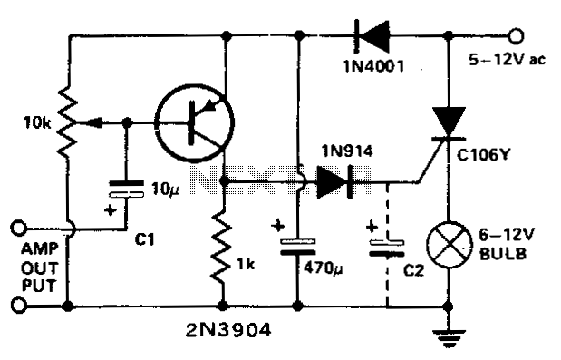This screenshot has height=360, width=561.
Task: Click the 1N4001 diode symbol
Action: click(x=372, y=35)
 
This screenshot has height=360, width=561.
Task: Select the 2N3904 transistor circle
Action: click(x=194, y=122)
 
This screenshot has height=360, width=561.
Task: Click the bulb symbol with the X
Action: click(x=449, y=245)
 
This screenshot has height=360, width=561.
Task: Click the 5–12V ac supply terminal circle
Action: click(x=516, y=35)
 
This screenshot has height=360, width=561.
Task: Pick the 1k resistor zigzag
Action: click(x=223, y=247)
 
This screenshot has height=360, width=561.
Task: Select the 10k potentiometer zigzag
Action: click(x=68, y=122)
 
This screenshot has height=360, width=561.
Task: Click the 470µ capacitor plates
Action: click(x=298, y=247)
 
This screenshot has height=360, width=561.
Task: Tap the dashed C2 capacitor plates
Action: click(x=387, y=248)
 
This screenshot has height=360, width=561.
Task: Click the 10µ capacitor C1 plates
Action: click(x=126, y=189)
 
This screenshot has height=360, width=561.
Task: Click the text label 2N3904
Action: click(x=227, y=330)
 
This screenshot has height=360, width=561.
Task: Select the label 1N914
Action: click(x=347, y=151)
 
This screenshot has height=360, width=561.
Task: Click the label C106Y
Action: click(x=483, y=155)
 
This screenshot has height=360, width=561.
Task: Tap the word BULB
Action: click(x=503, y=254)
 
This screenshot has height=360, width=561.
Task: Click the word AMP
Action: click(x=39, y=248)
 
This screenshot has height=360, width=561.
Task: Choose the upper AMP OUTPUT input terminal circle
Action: click(x=19, y=228)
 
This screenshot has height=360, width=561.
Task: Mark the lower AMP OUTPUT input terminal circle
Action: click(x=19, y=305)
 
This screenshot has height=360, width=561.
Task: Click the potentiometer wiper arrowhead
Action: click(x=95, y=122)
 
